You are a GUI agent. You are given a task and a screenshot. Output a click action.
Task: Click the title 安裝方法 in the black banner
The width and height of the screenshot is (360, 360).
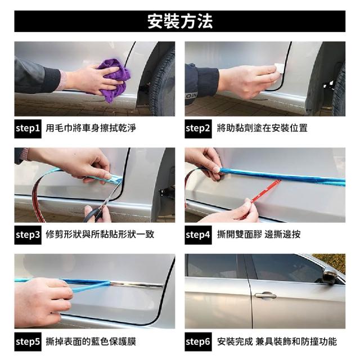(180, 21)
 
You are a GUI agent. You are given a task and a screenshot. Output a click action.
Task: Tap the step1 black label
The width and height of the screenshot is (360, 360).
(28, 129)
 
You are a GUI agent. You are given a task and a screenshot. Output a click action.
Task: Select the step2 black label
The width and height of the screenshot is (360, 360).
(198, 129)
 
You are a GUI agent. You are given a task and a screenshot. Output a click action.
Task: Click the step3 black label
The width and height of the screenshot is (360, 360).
(28, 235)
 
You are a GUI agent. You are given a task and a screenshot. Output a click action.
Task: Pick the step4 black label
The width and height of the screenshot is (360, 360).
(198, 235)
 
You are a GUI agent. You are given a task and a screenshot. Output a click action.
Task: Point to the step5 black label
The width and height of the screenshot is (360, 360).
(28, 341)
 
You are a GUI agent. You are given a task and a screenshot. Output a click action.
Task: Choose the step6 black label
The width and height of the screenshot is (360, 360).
(198, 341)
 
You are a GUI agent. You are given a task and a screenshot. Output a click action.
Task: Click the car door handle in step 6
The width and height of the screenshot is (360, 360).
(265, 295)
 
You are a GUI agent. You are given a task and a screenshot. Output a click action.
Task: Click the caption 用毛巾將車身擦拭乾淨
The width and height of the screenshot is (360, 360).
(91, 128)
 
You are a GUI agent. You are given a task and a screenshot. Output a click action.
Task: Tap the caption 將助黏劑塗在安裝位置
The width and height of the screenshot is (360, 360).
(262, 128)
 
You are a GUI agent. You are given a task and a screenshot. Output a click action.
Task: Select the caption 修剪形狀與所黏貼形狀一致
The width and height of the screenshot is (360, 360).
(100, 235)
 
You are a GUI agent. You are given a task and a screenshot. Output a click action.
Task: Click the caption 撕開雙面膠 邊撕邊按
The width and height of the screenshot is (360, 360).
(259, 235)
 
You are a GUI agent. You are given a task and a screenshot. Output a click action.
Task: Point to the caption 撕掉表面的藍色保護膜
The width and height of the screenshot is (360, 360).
(91, 341)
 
